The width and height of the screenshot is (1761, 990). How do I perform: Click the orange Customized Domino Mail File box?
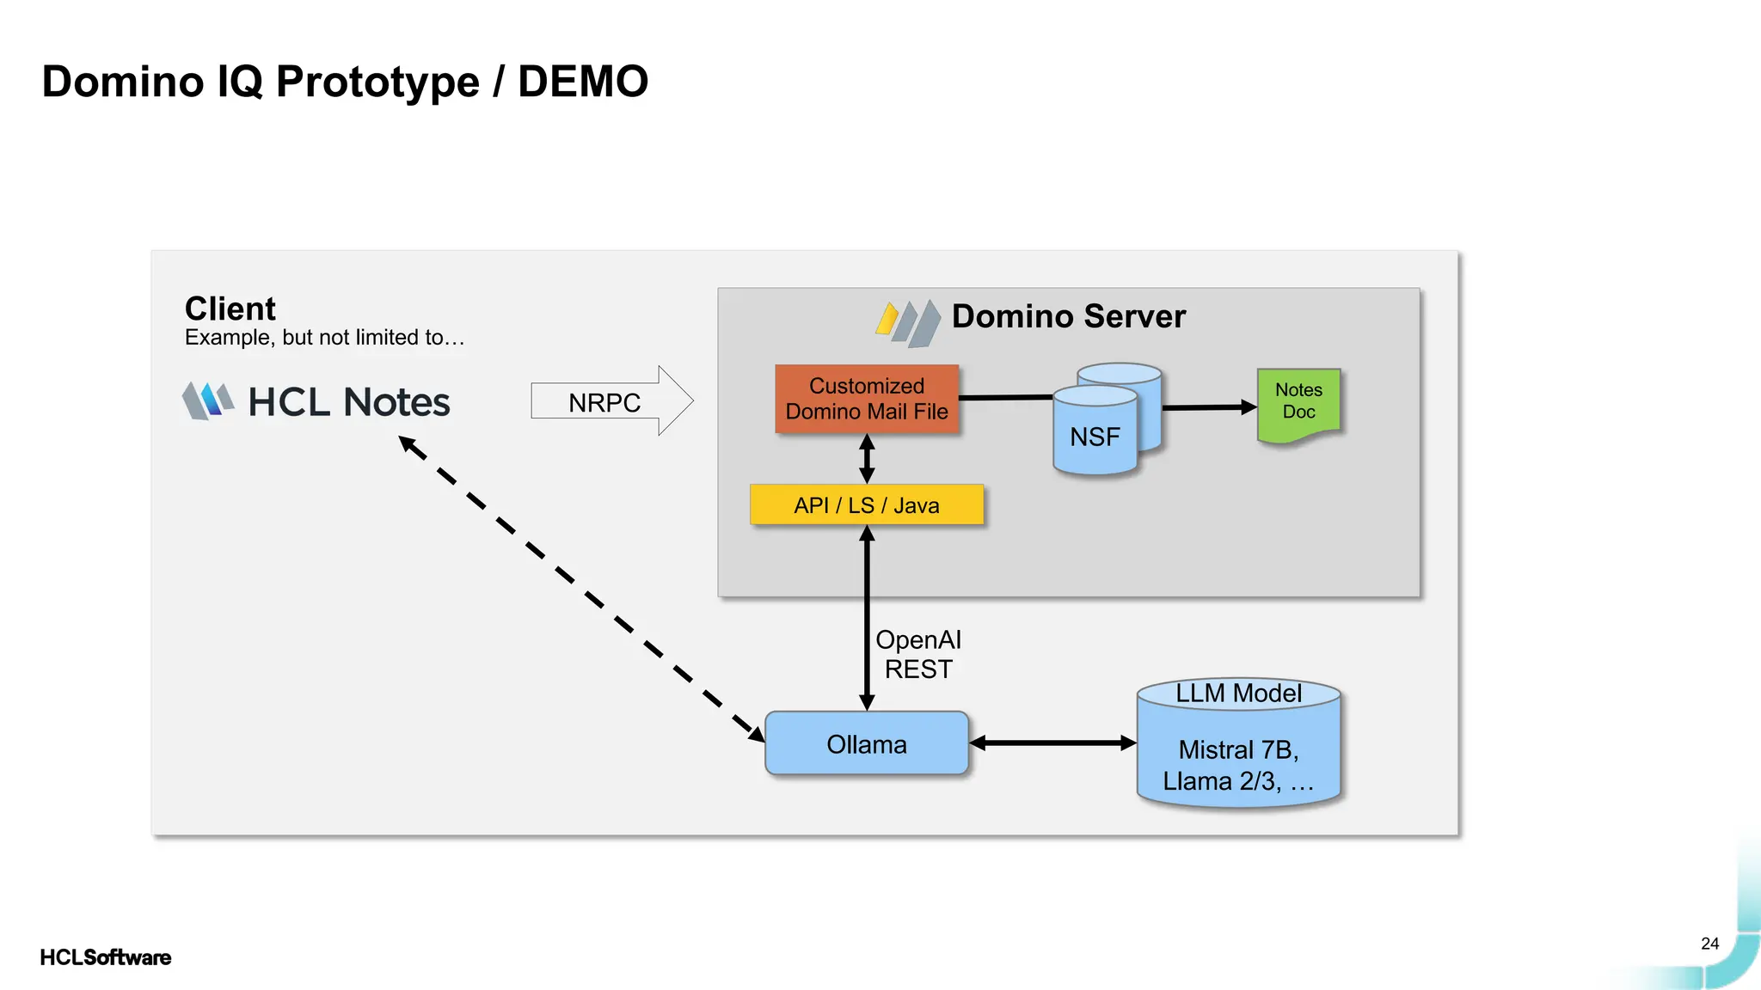(867, 399)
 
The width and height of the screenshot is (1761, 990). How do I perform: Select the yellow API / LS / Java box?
(867, 505)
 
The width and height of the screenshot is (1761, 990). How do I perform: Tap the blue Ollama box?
(867, 744)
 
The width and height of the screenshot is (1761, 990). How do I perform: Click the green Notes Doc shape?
(1298, 402)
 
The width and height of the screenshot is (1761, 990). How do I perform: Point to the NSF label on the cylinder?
(1095, 437)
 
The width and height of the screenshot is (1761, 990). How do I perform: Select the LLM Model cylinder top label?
(1238, 694)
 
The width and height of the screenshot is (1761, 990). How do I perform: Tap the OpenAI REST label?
(918, 655)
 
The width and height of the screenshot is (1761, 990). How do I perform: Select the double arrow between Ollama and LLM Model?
(1052, 743)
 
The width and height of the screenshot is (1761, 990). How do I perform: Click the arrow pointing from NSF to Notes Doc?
(1208, 407)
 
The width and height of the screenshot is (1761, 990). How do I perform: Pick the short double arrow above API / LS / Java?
(867, 459)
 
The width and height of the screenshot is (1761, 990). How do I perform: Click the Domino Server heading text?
(1068, 316)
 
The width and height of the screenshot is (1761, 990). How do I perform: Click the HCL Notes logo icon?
(207, 401)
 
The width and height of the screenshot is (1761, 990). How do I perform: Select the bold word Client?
(230, 309)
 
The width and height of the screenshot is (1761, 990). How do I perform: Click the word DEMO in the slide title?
(582, 82)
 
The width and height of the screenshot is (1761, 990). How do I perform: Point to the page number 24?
(1709, 944)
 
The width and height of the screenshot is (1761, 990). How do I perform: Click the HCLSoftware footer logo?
(105, 957)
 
